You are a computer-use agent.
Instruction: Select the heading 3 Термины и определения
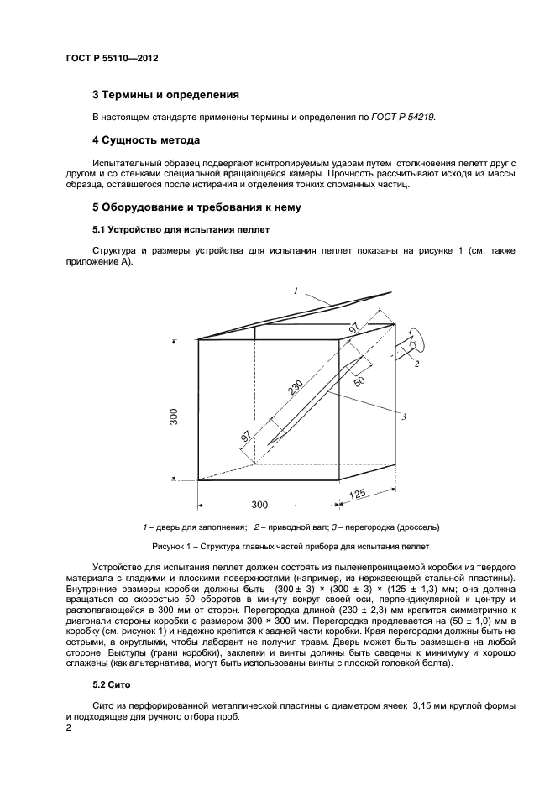point(165,95)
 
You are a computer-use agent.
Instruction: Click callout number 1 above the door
point(296,291)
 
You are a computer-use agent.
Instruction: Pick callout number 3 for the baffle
point(403,417)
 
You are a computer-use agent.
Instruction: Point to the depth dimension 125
point(359,494)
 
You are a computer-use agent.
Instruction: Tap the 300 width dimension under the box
point(259,505)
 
